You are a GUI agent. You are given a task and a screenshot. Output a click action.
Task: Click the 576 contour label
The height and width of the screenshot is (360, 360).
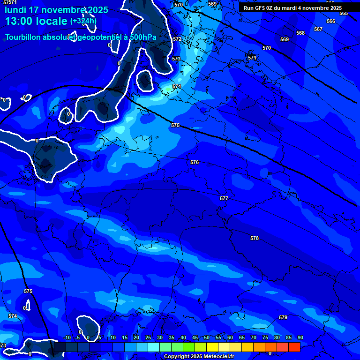click(x=195, y=162)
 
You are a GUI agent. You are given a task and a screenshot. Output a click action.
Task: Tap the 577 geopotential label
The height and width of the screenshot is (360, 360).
click(x=224, y=198)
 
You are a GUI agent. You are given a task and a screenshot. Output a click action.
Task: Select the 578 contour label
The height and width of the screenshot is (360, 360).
click(x=255, y=238)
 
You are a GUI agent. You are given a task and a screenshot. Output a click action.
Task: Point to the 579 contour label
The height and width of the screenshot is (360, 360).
click(x=283, y=317)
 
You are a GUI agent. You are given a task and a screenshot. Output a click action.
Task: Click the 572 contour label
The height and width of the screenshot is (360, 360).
click(x=177, y=39)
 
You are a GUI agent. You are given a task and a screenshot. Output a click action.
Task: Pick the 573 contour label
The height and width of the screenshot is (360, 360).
click(x=176, y=59)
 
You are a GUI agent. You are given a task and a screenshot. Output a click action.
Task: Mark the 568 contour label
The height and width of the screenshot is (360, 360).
click(x=300, y=33)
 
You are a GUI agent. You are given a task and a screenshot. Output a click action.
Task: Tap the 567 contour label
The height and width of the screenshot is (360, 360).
click(x=318, y=29)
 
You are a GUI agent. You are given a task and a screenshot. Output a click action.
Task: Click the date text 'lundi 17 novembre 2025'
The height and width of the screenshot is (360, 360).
click(x=56, y=10)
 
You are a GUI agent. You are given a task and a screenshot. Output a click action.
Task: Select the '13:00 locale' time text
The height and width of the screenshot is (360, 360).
click(x=37, y=21)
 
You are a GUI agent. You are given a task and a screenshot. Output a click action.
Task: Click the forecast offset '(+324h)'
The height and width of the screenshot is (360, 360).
click(x=83, y=21)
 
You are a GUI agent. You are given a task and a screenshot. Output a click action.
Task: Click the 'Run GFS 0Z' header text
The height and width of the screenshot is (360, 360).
click(x=262, y=8)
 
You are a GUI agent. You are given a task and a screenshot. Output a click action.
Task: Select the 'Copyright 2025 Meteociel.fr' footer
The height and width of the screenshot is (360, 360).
click(x=199, y=356)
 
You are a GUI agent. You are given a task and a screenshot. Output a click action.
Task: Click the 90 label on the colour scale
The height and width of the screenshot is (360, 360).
click(x=300, y=337)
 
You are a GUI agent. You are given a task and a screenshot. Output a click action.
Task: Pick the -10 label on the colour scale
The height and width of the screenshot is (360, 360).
click(x=67, y=337)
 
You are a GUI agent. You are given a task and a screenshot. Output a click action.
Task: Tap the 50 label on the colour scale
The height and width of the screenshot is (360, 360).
click(x=207, y=337)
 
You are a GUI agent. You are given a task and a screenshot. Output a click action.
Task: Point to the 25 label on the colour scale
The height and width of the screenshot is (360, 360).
click(x=148, y=337)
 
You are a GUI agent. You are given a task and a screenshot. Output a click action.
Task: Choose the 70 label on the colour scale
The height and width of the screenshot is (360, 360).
click(x=254, y=337)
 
